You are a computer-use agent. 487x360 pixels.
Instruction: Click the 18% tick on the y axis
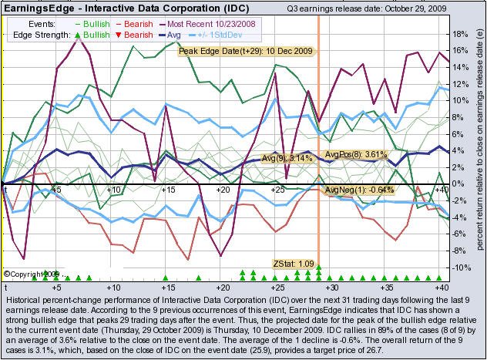click(458, 35)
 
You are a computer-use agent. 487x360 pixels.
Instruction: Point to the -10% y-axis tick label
click(460, 267)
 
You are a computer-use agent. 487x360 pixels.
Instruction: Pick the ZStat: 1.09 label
click(294, 264)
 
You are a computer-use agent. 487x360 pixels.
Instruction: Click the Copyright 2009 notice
click(32, 274)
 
